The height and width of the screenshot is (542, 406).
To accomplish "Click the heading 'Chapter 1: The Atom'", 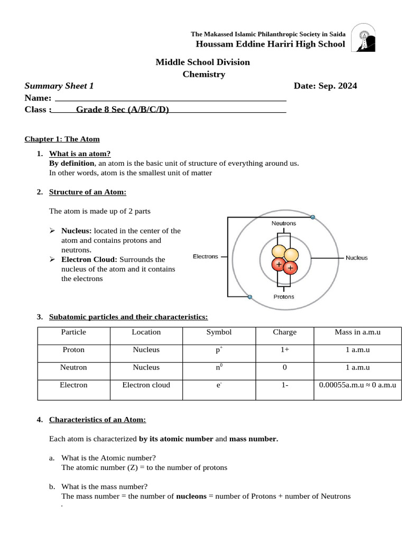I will [x=62, y=139].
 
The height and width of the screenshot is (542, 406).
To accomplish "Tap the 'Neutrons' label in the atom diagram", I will [x=284, y=223].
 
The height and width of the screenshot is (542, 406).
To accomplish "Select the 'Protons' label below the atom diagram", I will [x=284, y=296].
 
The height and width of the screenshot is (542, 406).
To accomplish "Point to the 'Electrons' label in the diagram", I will [x=205, y=257].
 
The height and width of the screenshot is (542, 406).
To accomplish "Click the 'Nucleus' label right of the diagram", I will [x=356, y=258].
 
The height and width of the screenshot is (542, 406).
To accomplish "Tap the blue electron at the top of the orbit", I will [x=312, y=217].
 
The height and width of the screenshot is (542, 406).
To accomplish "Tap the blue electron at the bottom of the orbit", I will [x=250, y=297].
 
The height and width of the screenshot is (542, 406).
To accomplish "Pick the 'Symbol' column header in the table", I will [x=219, y=332].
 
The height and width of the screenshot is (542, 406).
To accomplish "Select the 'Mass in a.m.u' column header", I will [x=357, y=332].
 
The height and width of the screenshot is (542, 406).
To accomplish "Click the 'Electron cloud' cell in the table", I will [x=146, y=385].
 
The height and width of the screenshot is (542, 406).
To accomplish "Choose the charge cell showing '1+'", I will [x=284, y=350].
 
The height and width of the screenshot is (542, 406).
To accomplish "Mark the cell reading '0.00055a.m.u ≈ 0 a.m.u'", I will [x=357, y=385].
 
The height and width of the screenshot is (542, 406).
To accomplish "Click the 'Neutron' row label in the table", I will [x=73, y=367].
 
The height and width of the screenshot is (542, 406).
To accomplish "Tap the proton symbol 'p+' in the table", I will [x=219, y=350].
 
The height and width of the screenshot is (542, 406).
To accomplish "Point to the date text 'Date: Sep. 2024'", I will [x=325, y=86].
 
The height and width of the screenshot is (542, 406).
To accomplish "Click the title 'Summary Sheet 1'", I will [x=59, y=86].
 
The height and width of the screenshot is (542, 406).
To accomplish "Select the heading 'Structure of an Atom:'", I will [x=88, y=192].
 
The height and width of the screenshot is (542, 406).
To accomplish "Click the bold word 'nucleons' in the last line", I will [x=191, y=496].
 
